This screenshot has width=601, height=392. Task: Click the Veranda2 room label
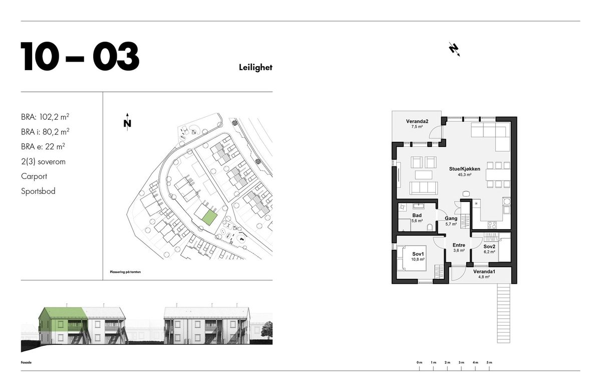417,121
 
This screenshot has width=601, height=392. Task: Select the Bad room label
417,216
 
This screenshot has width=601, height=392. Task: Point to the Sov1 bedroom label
418,254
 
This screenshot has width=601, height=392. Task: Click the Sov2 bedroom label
489,247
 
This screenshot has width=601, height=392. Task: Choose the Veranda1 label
484,272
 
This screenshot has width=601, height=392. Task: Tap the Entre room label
459,245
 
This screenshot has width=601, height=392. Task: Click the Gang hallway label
451,219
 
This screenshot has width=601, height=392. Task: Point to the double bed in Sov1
412,258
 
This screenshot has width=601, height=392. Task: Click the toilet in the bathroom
430,227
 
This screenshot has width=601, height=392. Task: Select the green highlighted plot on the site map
209,218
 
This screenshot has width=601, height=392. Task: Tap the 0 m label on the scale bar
419,362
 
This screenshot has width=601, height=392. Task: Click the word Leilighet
255,67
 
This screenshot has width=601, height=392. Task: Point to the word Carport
34,176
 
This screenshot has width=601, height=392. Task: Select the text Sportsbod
38,191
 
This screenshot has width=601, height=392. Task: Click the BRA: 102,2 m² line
45,117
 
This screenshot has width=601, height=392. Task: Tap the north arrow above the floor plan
454,50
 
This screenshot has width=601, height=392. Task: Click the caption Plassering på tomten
125,272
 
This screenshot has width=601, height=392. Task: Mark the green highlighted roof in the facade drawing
63,313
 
